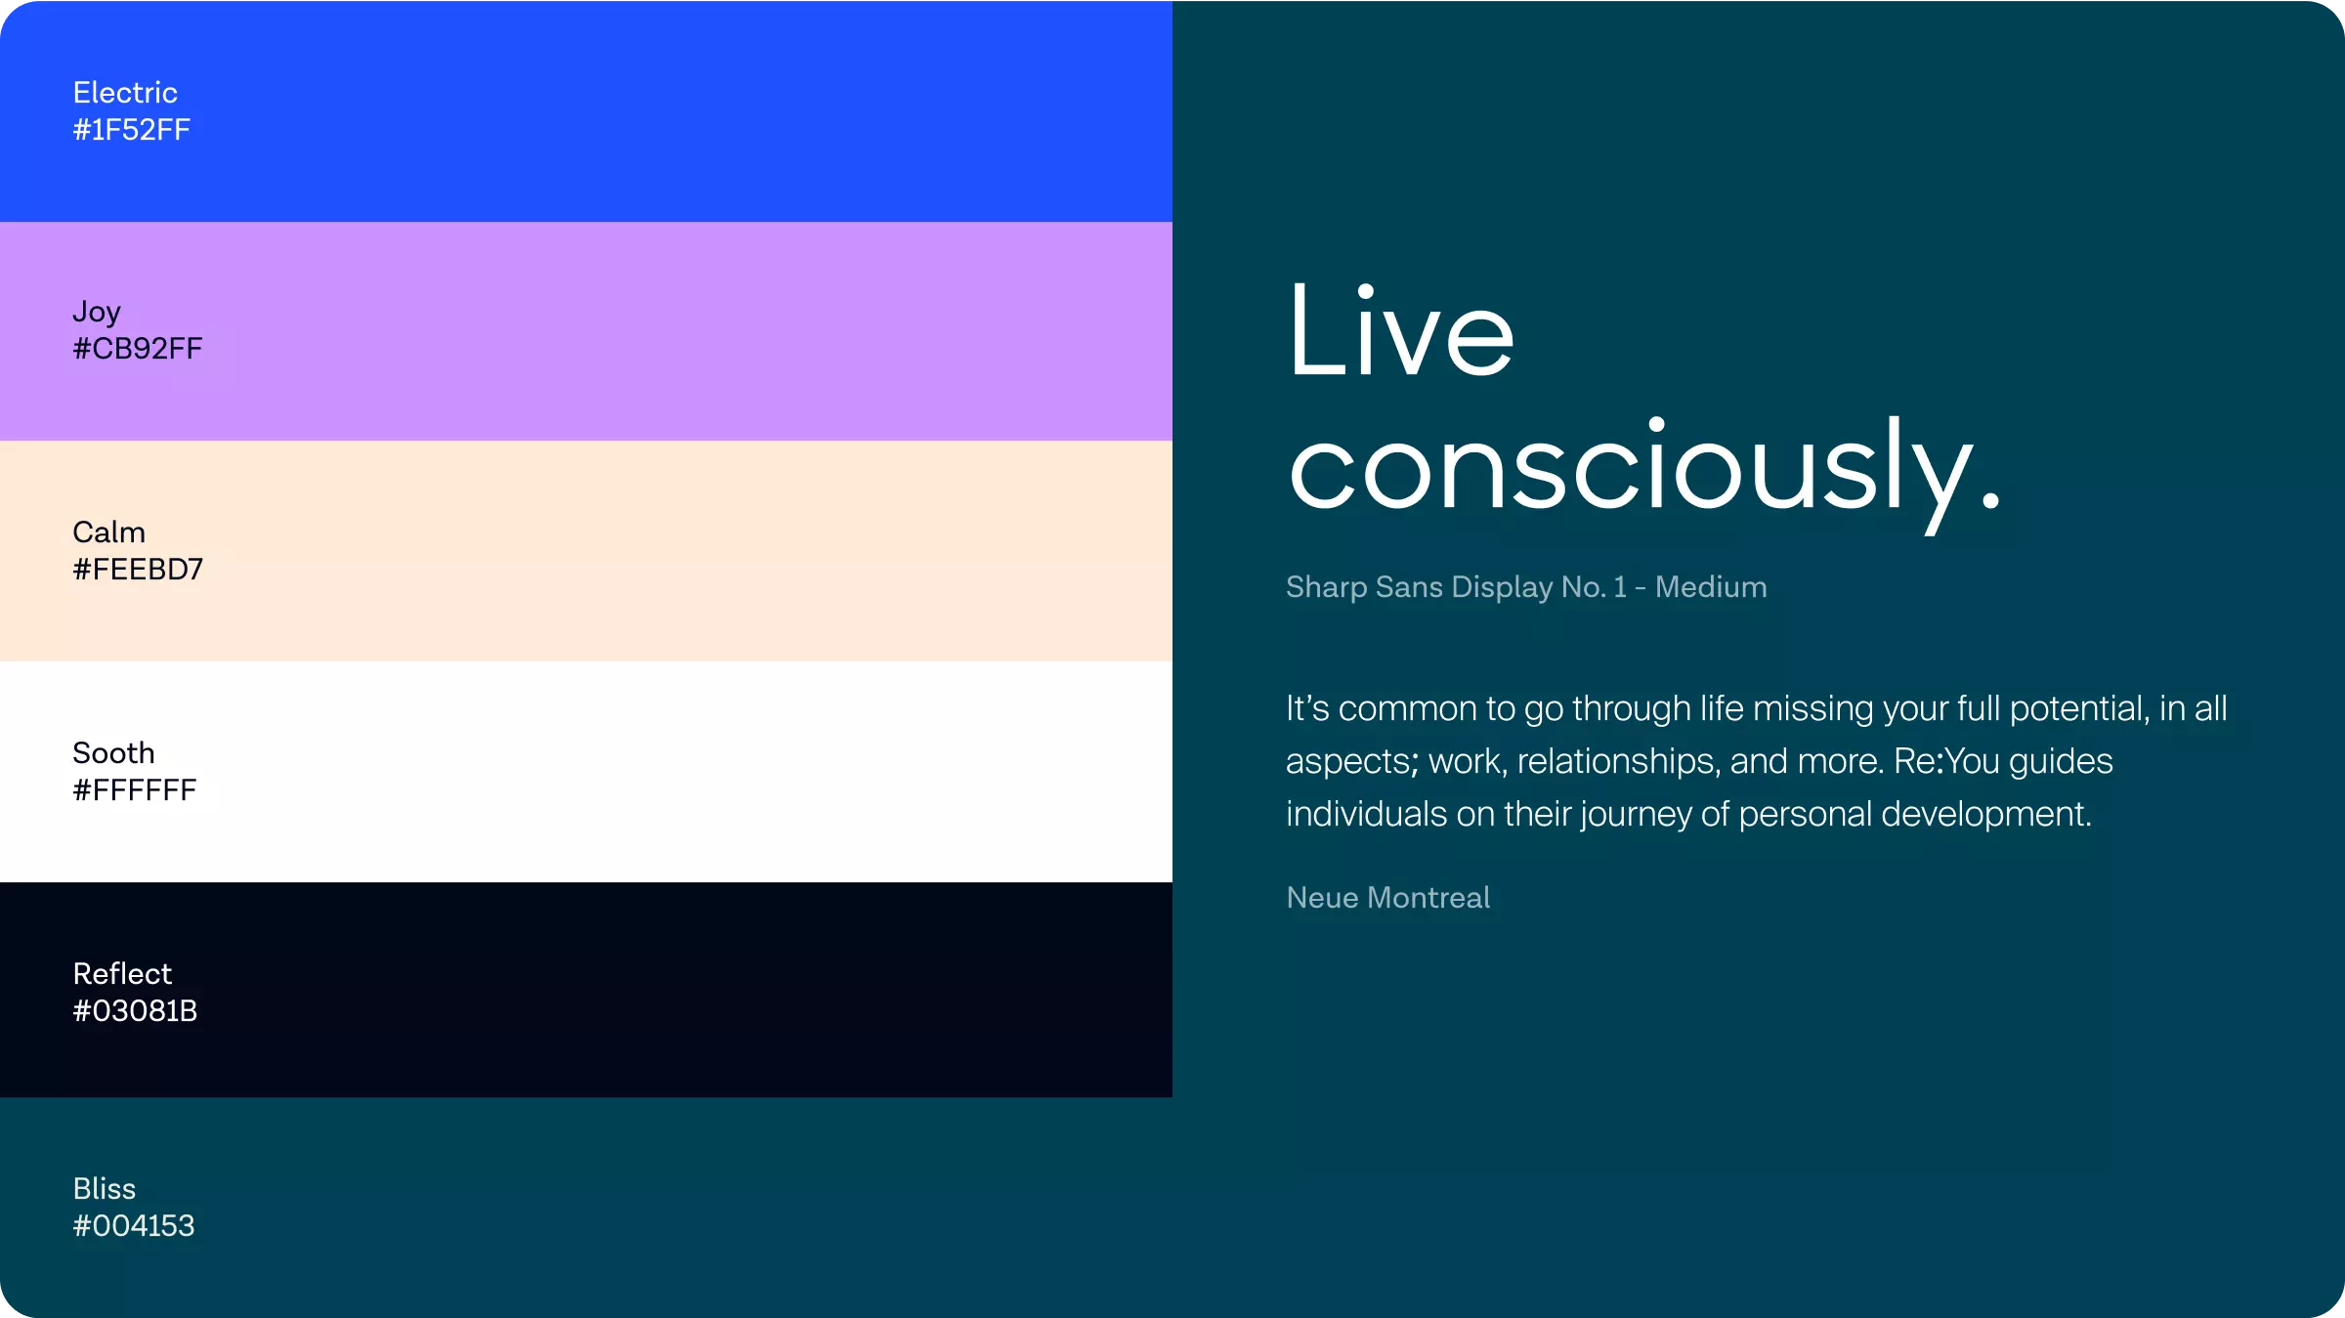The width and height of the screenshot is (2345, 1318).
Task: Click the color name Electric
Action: [x=125, y=93]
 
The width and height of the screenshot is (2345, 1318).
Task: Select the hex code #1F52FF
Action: [x=132, y=130]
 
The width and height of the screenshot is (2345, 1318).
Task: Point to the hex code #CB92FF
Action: [x=138, y=349]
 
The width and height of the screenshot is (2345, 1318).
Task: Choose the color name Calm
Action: [x=109, y=532]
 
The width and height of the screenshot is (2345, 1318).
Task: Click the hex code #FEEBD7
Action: [x=138, y=570]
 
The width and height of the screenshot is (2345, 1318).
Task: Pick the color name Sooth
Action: [x=114, y=753]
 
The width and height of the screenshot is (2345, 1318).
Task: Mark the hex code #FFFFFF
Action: [x=135, y=790]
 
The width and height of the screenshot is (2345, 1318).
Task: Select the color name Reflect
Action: [x=122, y=974]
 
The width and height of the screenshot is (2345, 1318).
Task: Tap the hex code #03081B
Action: [x=136, y=1011]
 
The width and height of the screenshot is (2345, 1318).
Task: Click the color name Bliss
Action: [x=105, y=1189]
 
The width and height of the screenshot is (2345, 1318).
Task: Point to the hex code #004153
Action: [x=134, y=1226]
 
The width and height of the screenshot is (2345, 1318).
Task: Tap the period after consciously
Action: [x=1990, y=499]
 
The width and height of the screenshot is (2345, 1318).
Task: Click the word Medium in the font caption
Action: [x=1711, y=587]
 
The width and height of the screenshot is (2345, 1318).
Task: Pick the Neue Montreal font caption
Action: [x=1388, y=898]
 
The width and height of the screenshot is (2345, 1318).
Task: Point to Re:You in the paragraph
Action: [x=1946, y=761]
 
